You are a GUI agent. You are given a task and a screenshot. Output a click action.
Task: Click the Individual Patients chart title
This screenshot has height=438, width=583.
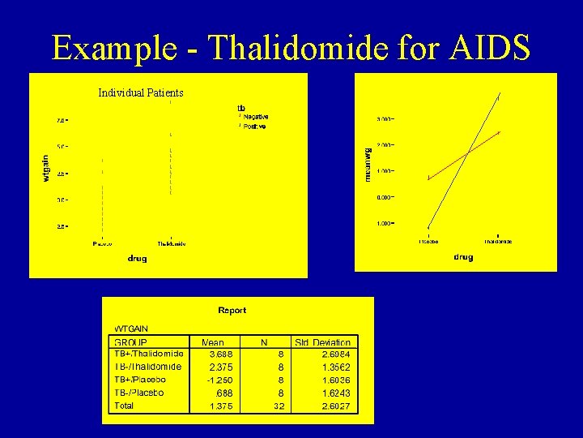pyautogui.click(x=141, y=93)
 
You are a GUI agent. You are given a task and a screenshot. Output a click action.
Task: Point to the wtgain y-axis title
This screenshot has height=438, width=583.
pyautogui.click(x=46, y=169)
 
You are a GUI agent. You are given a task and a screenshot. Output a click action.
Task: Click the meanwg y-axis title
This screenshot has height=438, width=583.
pyautogui.click(x=368, y=162)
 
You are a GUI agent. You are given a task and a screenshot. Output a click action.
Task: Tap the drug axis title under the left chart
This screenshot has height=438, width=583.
pyautogui.click(x=137, y=258)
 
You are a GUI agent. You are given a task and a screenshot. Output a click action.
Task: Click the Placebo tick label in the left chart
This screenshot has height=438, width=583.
pyautogui.click(x=103, y=243)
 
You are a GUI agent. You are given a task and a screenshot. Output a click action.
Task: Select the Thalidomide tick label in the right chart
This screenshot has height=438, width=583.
pyautogui.click(x=498, y=241)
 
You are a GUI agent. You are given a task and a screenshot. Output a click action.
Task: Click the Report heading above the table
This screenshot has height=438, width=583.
pyautogui.click(x=232, y=310)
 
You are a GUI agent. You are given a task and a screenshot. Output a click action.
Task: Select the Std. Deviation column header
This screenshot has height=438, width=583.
pyautogui.click(x=323, y=342)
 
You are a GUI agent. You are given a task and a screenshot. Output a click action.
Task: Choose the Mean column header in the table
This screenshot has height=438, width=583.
pyautogui.click(x=213, y=342)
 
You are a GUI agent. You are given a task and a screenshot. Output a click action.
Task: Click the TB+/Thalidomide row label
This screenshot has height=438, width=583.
pyautogui.click(x=149, y=354)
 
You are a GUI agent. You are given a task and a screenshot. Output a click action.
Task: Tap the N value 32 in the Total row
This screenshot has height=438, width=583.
pyautogui.click(x=278, y=406)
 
